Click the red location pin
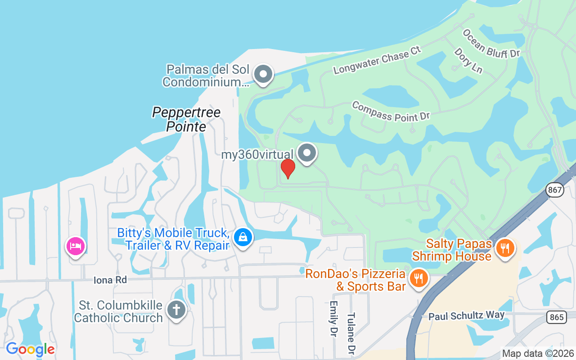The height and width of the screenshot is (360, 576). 288,168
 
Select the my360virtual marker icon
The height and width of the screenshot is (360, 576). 307,153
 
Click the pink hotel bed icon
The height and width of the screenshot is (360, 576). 76,246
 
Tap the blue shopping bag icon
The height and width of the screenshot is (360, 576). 243,237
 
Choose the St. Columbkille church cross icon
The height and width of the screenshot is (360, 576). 176,310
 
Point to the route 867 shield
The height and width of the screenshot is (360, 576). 555,190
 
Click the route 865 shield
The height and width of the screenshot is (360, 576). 557,317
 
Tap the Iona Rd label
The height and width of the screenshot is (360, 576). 110,280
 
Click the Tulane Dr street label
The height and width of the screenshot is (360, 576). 351,333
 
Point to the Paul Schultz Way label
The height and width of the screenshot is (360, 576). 466,315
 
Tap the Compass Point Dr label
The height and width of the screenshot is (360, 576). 391,111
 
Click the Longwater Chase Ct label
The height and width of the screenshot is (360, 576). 377,59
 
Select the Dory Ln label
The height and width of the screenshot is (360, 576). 468,61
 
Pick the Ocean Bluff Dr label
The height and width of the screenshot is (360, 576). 491,44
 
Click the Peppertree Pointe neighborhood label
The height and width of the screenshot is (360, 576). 186,119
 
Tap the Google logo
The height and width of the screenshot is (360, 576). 30,349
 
